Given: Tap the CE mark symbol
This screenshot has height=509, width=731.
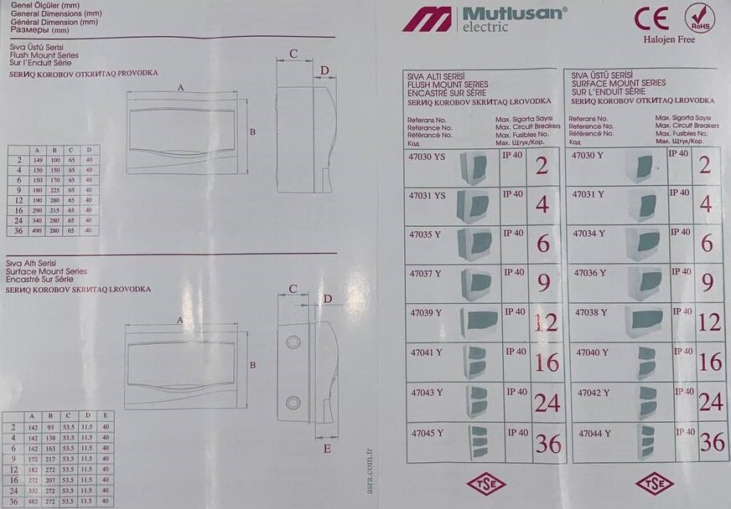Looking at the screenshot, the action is [651, 18].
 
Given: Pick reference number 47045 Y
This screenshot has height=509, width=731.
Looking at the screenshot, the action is [427, 433].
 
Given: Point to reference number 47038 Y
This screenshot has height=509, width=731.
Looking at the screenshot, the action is [590, 312].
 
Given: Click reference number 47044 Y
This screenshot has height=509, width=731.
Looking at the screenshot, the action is [591, 433].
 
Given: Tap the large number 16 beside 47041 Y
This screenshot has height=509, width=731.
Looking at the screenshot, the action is [547, 362].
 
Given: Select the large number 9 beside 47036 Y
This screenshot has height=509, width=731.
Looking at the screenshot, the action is [708, 282].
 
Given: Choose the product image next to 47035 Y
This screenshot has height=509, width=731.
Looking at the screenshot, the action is [475, 245].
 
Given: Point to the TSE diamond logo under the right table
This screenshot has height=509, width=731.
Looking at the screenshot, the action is [654, 486].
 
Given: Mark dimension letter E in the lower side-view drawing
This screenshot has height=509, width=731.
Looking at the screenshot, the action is [327, 449].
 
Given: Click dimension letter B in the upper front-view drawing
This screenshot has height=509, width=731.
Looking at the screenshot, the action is [251, 131].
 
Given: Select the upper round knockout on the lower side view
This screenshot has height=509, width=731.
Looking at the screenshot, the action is [293, 342].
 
